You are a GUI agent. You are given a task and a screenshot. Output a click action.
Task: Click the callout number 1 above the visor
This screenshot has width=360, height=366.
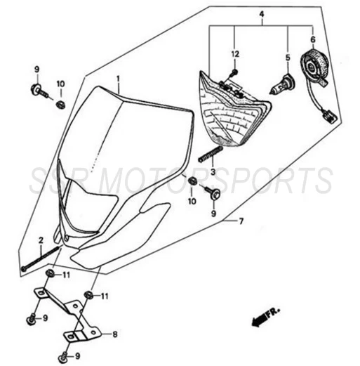[118, 78]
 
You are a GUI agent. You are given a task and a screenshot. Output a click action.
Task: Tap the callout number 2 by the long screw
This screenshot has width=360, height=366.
[41, 240]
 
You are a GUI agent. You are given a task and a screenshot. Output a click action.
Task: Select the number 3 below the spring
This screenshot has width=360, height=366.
[213, 172]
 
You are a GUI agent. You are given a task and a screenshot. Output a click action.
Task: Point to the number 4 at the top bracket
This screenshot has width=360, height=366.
[262, 14]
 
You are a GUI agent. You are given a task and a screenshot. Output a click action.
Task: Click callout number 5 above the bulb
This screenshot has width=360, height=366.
[288, 58]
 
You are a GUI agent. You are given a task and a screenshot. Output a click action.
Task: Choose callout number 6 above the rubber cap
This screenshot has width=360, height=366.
[313, 39]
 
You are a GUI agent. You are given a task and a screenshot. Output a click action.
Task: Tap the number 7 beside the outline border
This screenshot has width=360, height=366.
[241, 221]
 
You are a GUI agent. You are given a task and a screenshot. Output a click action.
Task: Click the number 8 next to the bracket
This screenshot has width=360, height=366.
[114, 334]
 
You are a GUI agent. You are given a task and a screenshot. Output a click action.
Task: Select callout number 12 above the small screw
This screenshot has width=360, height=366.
[235, 54]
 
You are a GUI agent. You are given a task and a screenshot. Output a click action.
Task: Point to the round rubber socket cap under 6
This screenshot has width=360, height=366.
[314, 65]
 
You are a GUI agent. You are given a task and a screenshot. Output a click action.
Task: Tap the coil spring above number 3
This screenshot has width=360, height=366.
[211, 153]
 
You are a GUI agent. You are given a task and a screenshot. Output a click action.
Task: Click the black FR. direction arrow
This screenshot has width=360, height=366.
[259, 320]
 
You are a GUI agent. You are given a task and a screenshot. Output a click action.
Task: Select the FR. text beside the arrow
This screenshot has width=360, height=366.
[273, 313]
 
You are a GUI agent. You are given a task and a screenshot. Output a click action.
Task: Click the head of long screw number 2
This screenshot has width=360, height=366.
[24, 268]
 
